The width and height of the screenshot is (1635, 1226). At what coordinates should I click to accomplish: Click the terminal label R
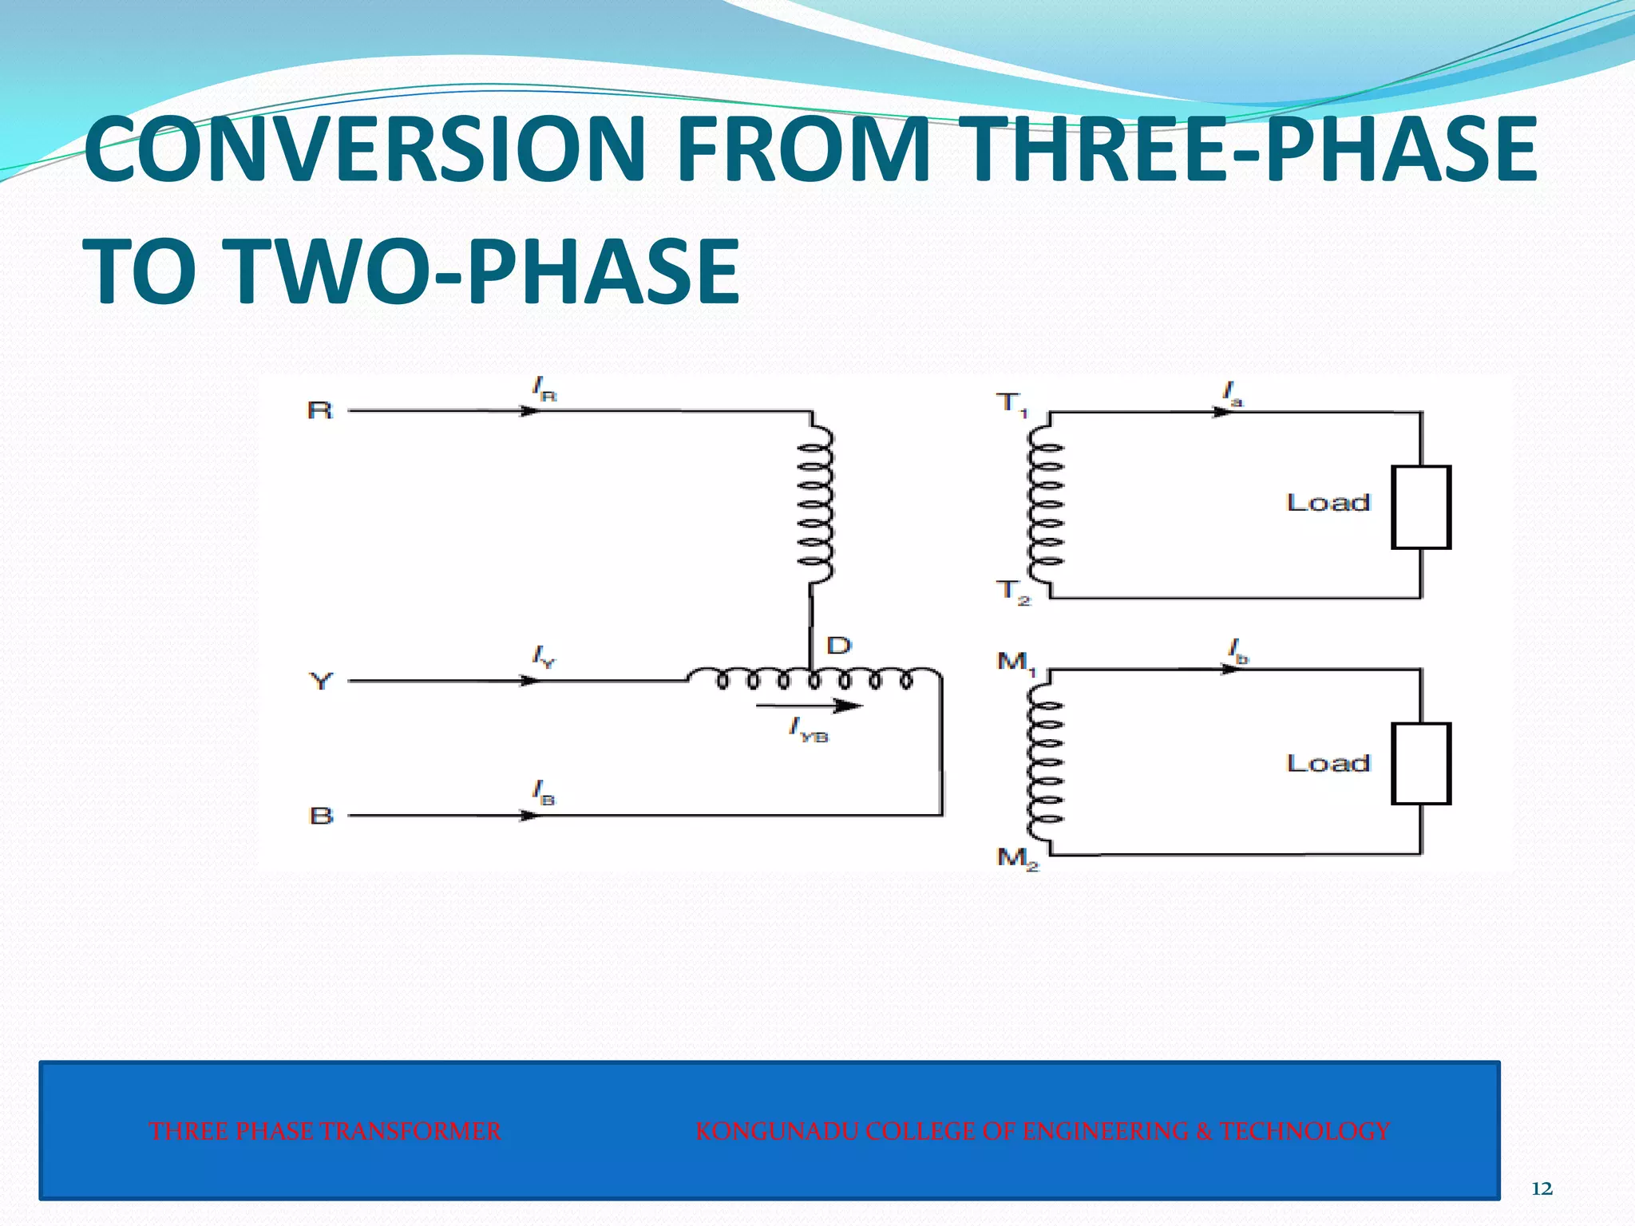[319, 410]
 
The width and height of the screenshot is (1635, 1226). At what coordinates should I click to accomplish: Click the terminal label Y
[320, 682]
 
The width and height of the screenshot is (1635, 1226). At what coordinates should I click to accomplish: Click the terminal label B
[321, 816]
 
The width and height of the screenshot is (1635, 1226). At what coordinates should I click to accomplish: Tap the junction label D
[838, 646]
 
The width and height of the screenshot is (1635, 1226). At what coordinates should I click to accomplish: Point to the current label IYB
[808, 730]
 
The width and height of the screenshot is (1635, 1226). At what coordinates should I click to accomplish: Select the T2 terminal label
[1013, 592]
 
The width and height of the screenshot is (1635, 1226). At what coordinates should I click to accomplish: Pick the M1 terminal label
[1015, 662]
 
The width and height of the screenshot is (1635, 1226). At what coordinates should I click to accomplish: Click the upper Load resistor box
[1420, 508]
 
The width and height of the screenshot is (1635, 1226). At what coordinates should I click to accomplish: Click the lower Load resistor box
[1420, 764]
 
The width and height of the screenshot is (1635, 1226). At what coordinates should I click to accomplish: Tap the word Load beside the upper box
[1328, 503]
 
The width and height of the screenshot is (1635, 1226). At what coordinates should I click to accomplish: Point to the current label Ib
[1237, 652]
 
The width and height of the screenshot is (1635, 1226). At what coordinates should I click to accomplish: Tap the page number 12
[1542, 1188]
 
